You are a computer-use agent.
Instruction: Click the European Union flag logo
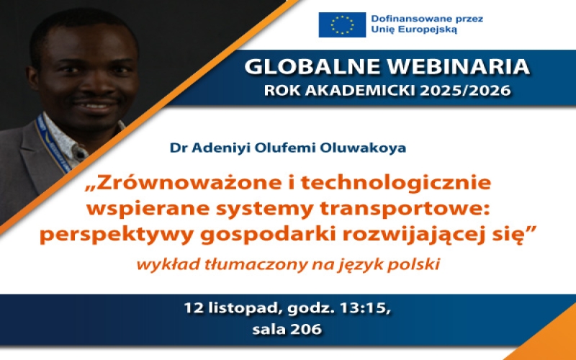pyautogui.click(x=342, y=25)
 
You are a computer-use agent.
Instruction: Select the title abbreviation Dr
pyautogui.click(x=176, y=148)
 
